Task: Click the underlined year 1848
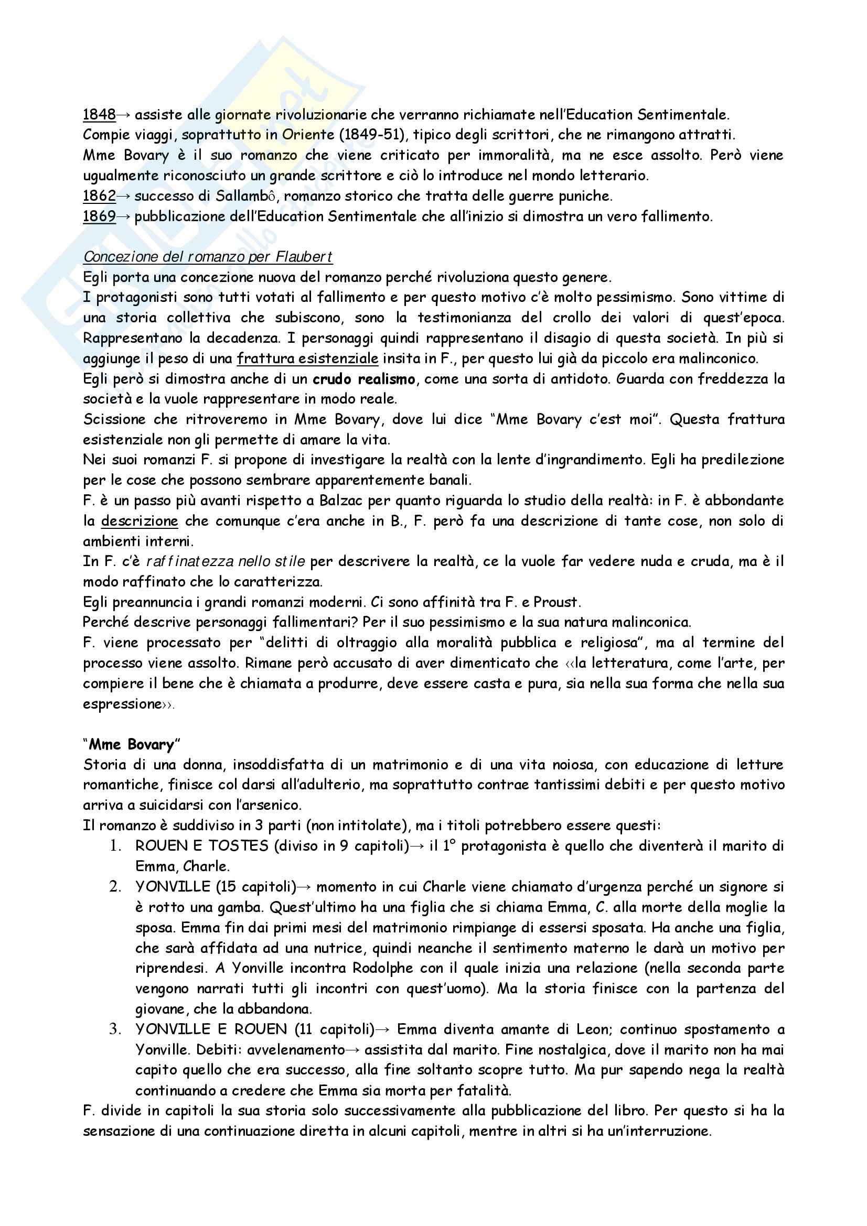point(99,115)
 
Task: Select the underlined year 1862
point(99,196)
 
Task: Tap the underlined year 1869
point(99,216)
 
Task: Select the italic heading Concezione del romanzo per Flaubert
point(207,257)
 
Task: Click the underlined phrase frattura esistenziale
point(307,359)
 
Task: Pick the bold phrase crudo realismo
point(363,379)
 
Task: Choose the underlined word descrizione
point(139,521)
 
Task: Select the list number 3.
point(114,1029)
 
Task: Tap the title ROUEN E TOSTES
point(201,846)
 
